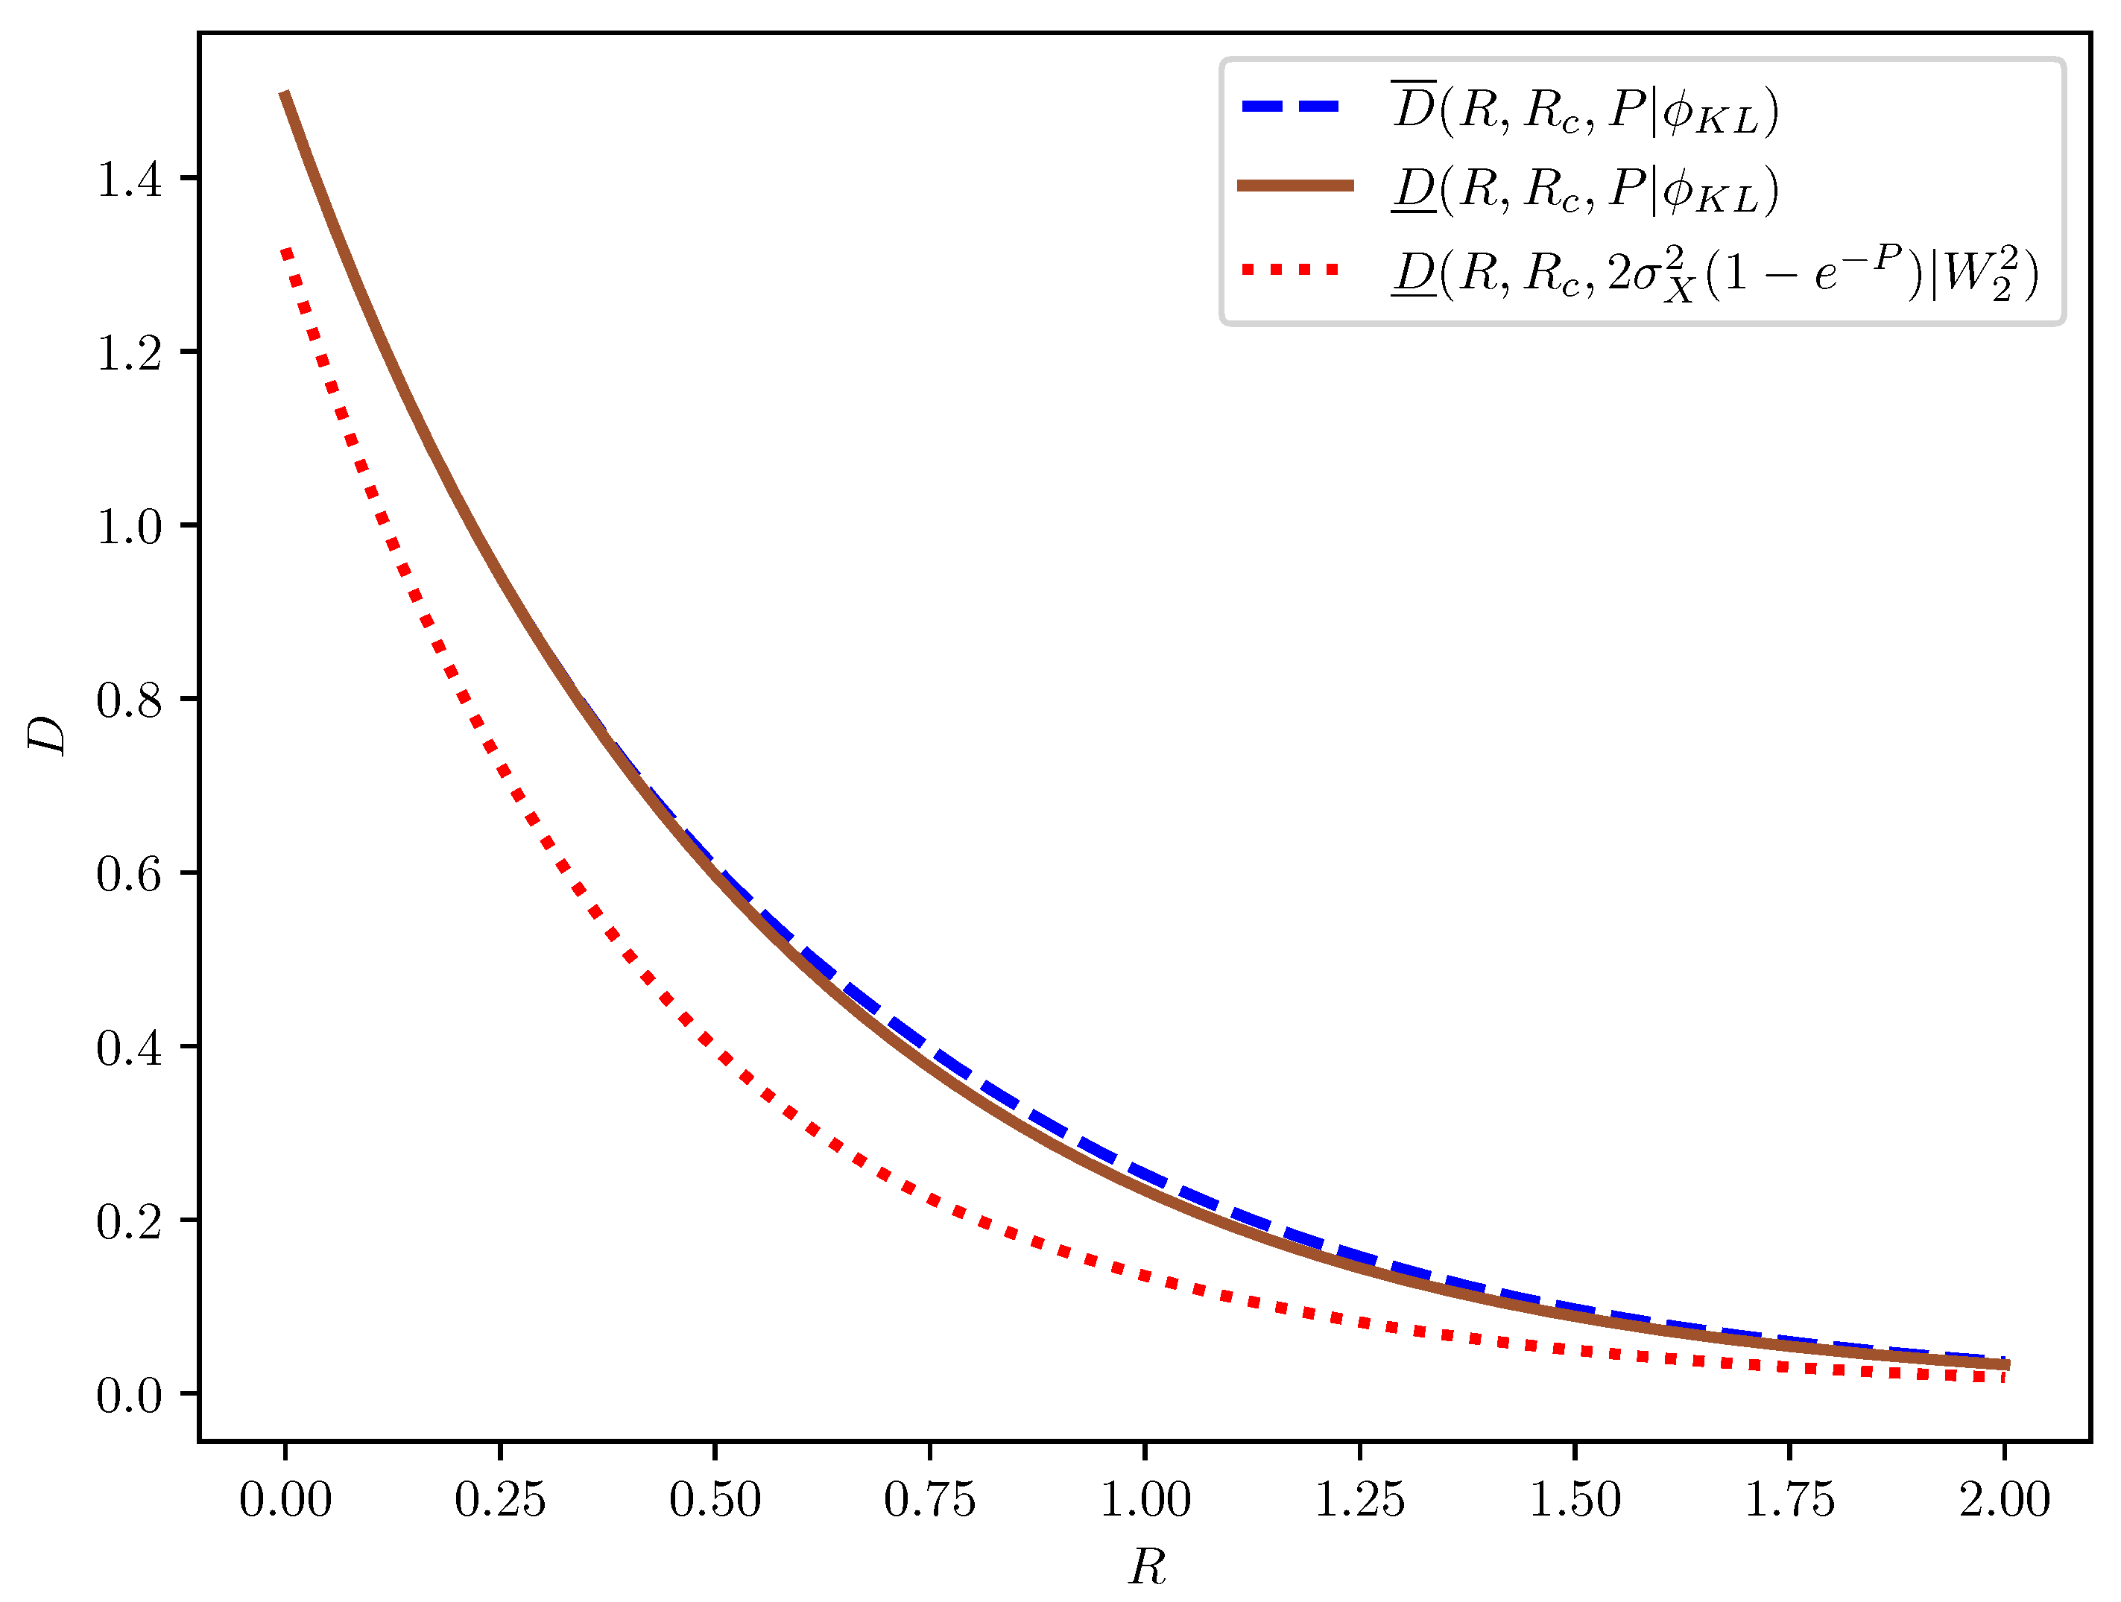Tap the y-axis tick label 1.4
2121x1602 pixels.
click(x=130, y=180)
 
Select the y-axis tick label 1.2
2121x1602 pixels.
click(x=130, y=352)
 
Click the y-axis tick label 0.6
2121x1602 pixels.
click(x=130, y=873)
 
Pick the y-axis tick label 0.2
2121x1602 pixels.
click(x=130, y=1221)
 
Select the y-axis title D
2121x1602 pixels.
click(x=46, y=735)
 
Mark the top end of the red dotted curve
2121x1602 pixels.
click(x=285, y=251)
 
